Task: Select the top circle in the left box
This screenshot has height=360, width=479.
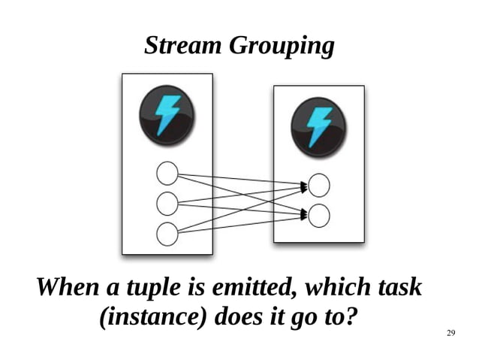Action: tap(167, 174)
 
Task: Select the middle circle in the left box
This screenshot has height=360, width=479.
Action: tap(167, 203)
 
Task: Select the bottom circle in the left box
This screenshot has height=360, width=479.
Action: tap(167, 233)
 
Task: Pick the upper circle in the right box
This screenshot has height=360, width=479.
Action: tap(319, 185)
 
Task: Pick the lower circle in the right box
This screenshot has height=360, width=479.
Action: tap(319, 216)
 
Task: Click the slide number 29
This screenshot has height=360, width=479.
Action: tap(451, 333)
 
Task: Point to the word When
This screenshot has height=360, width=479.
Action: tap(64, 287)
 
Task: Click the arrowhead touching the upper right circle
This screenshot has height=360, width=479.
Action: tap(304, 185)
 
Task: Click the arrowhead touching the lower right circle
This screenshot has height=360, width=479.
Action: tap(304, 215)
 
